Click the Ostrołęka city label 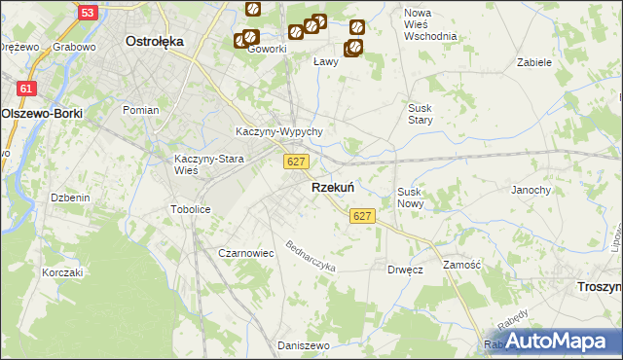(156, 42)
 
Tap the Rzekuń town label (332, 188)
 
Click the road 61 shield (26, 89)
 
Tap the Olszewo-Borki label (42, 113)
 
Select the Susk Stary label (420, 115)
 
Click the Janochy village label (531, 190)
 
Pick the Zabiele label (534, 61)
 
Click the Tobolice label (190, 209)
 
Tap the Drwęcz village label (404, 270)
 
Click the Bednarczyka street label (311, 256)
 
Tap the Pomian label (140, 110)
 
